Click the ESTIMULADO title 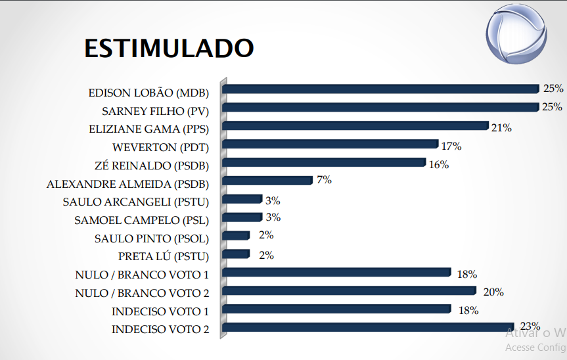pos(169,48)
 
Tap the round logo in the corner pos(516,34)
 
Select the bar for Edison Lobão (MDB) pos(381,89)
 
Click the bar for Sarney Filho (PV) pos(381,107)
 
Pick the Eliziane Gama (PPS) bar pos(355,125)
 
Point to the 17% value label pos(451,146)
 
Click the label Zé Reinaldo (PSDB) pos(152,166)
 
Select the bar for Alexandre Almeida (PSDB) pos(267,181)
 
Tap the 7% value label pos(324,179)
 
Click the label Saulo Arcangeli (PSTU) pos(136,202)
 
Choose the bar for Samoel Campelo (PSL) pos(242,217)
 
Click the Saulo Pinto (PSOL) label pos(152,238)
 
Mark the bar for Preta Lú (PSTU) pos(236,254)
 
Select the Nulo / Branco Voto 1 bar pos(336,273)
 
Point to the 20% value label pos(493,292)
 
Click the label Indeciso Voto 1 pos(160,311)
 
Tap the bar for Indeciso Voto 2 pos(368,327)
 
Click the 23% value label pos(530,326)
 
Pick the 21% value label pos(501,127)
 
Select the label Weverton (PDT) pos(160,147)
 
